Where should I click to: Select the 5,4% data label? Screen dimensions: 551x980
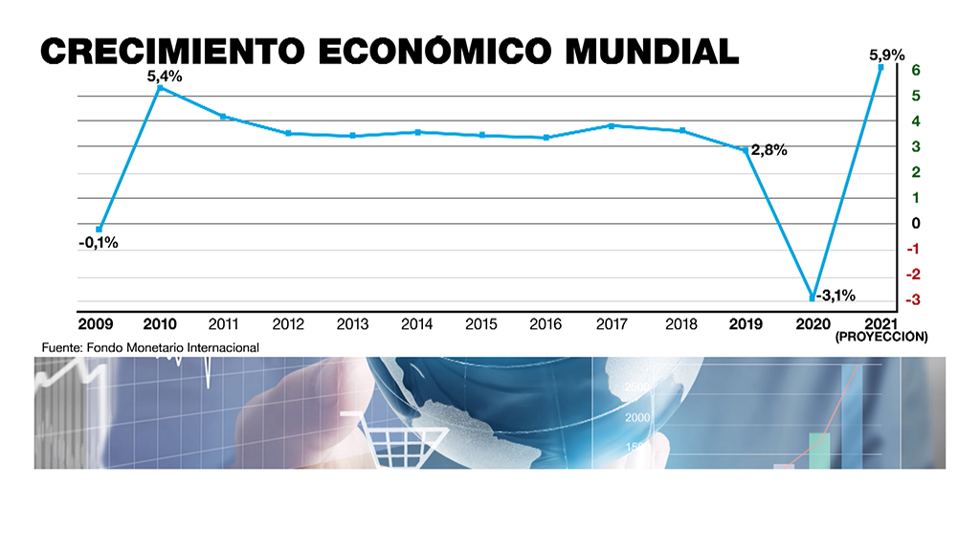click(x=165, y=76)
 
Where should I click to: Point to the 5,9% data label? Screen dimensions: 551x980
click(x=885, y=55)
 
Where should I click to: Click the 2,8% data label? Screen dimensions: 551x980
click(x=768, y=150)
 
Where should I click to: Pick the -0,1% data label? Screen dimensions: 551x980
click(x=98, y=243)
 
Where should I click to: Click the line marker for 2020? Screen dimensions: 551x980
click(x=813, y=298)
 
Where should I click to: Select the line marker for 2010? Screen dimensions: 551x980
click(x=159, y=88)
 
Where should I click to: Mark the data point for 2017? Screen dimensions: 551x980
click(x=611, y=125)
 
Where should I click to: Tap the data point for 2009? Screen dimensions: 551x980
click(x=99, y=229)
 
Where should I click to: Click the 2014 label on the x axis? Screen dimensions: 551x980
click(x=416, y=324)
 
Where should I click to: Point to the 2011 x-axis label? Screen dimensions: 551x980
click(x=223, y=324)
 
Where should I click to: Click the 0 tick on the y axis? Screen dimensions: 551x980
click(x=916, y=224)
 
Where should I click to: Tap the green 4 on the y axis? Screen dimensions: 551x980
click(x=916, y=121)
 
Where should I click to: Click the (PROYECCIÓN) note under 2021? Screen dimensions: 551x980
click(x=881, y=338)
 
